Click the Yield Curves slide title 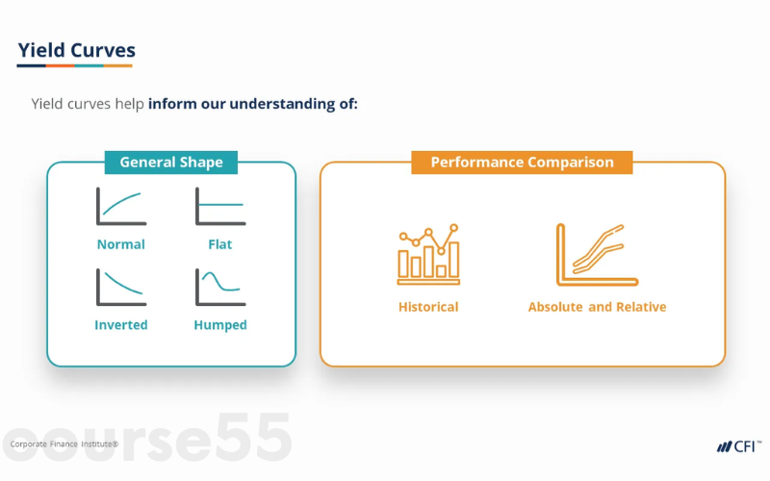[76, 49]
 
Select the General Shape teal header [170, 163]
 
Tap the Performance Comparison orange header [522, 163]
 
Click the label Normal [120, 244]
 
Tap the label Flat [219, 244]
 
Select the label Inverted [120, 325]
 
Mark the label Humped [219, 325]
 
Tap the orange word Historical [428, 307]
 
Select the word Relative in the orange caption [641, 307]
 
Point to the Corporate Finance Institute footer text [64, 444]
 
